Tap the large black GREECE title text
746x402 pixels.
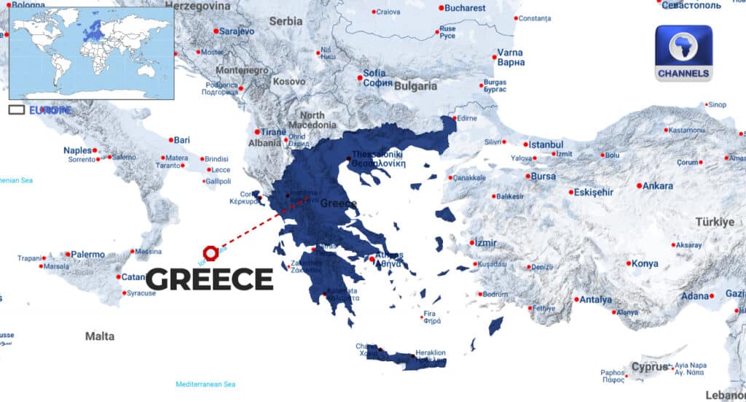coord(210,279)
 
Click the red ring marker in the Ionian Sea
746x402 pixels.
coord(211,252)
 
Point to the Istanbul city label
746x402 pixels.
coord(546,144)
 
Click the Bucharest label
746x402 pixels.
coord(465,8)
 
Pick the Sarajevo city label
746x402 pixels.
coord(237,31)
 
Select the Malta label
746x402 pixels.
coord(99,336)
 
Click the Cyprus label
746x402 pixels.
coord(649,366)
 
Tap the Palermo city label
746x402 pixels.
coord(87,255)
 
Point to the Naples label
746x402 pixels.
coord(78,150)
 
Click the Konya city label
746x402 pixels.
coord(644,264)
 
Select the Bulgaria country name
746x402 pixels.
coord(416,86)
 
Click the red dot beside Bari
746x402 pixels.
coord(170,139)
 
